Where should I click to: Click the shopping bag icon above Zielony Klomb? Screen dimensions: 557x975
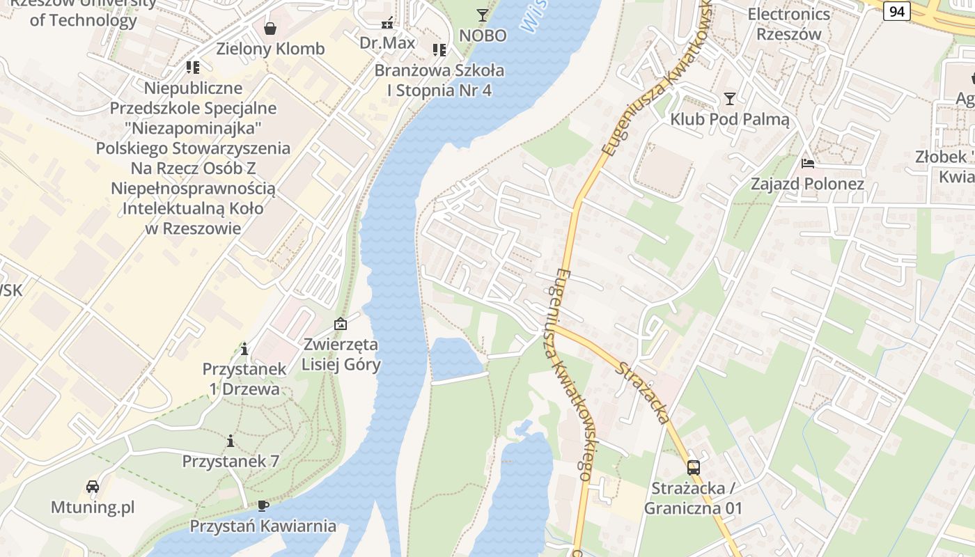pyautogui.click(x=270, y=29)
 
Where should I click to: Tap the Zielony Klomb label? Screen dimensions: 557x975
pyautogui.click(x=270, y=49)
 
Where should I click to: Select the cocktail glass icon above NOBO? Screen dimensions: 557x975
pyautogui.click(x=482, y=15)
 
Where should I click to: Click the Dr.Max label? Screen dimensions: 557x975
pyautogui.click(x=387, y=42)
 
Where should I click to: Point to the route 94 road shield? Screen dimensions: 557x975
pyautogui.click(x=897, y=10)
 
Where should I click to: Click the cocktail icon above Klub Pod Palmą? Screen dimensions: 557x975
pyautogui.click(x=729, y=99)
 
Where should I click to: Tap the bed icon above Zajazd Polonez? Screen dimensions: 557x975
pyautogui.click(x=807, y=164)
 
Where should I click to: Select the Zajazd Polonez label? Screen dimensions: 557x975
pyautogui.click(x=807, y=185)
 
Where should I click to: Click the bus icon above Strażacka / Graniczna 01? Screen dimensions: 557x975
pyautogui.click(x=693, y=467)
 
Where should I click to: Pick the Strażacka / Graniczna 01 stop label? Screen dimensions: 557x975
pyautogui.click(x=693, y=498)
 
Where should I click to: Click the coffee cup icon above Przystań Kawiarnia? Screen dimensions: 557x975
pyautogui.click(x=263, y=505)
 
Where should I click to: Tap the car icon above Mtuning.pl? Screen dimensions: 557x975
pyautogui.click(x=93, y=486)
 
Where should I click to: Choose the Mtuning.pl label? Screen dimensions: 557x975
pyautogui.click(x=93, y=507)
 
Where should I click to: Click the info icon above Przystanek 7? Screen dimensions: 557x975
pyautogui.click(x=231, y=441)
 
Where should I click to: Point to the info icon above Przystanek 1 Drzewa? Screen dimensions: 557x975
pyautogui.click(x=244, y=348)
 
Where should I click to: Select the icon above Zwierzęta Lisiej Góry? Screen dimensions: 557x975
pyautogui.click(x=341, y=324)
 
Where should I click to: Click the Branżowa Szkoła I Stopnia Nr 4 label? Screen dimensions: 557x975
pyautogui.click(x=439, y=80)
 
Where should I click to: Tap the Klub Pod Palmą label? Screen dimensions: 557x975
pyautogui.click(x=730, y=120)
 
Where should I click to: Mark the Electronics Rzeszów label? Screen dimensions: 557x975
pyautogui.click(x=788, y=24)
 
